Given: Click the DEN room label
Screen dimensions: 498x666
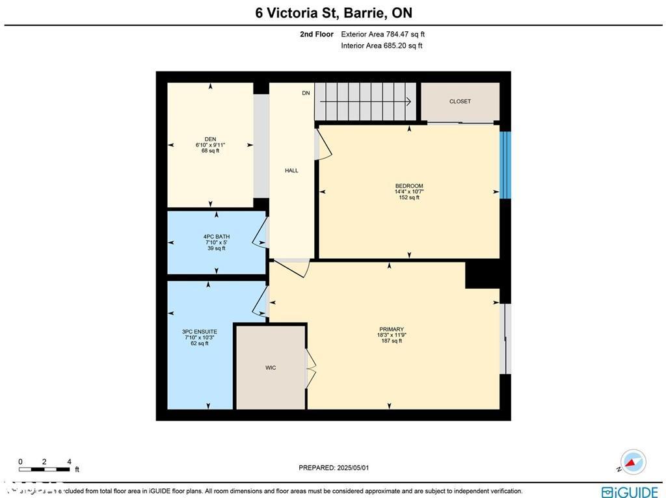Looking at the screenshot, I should (210, 139).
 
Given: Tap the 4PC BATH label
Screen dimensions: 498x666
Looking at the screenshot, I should (216, 237).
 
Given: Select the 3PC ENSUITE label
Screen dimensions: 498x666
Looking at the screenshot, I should (199, 332).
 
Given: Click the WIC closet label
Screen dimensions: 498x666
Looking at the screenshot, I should (271, 368).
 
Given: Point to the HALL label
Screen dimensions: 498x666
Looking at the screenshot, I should (291, 170).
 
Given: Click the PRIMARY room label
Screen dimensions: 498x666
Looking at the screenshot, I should (391, 329).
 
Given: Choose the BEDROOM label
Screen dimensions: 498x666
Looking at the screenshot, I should (409, 186).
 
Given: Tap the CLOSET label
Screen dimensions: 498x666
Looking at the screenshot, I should (460, 101).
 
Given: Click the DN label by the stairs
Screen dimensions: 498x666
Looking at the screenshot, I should (306, 94).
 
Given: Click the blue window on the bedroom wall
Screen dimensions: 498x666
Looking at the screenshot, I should (505, 165).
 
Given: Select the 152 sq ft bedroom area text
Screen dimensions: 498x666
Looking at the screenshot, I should (409, 198).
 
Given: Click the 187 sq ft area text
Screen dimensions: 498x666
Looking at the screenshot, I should (391, 341).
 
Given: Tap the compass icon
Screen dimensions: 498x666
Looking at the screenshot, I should (632, 462).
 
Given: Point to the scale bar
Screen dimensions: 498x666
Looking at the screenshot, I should (44, 469).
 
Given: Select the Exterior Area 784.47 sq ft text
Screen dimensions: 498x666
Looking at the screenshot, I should (383, 34).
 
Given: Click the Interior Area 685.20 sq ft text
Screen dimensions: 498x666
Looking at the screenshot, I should (382, 46).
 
